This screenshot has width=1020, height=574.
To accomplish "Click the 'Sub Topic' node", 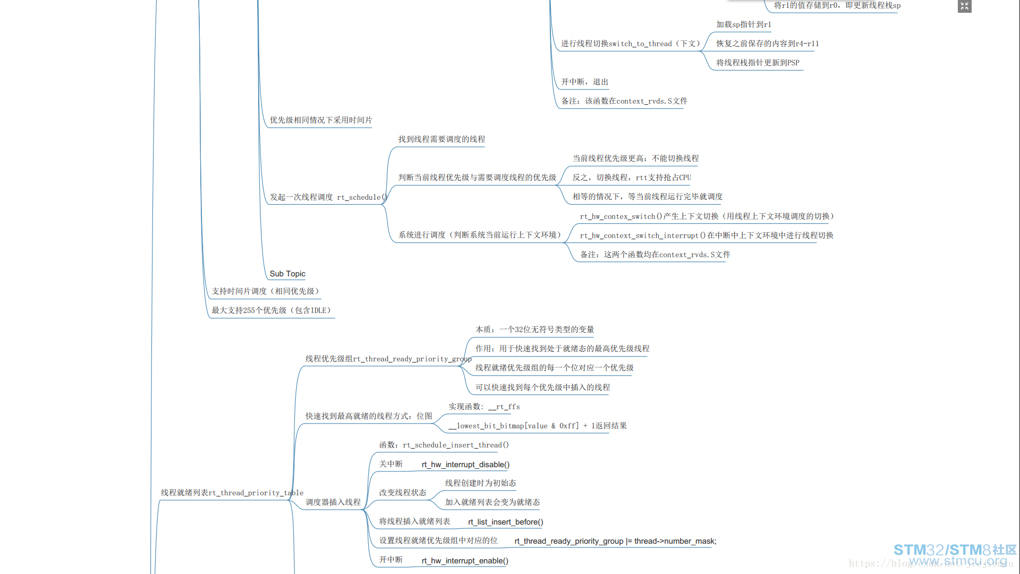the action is [287, 274].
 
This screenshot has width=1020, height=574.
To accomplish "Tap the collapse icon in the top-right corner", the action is [964, 6].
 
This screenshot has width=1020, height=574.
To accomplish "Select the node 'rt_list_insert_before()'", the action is [505, 522].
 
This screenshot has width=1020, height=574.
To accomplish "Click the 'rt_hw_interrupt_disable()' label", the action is [465, 465].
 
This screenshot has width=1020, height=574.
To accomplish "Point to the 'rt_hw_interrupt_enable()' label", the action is [465, 561].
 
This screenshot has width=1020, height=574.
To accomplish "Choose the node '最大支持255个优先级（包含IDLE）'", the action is [271, 310].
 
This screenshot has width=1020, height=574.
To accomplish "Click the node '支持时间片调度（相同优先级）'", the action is [265, 291].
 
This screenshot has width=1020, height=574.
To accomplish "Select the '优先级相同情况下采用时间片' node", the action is [321, 120].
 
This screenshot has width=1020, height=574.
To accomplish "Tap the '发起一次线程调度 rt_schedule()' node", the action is [328, 197].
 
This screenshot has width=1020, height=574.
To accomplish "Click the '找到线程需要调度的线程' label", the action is [441, 139].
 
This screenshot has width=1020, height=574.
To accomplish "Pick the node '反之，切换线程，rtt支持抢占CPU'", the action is [632, 178].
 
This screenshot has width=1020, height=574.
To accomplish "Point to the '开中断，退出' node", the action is [584, 82].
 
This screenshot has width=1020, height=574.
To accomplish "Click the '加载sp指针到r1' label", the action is [743, 24].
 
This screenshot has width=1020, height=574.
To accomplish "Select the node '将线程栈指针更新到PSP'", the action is [758, 63].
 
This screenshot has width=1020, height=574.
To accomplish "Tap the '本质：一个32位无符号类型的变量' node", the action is [534, 330].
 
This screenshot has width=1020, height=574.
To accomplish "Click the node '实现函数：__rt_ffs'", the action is [484, 407].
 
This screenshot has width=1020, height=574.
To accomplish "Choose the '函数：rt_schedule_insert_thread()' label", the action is [444, 445].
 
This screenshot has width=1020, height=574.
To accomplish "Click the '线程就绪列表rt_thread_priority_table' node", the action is [232, 493].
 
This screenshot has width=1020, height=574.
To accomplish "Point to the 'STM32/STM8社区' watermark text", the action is [955, 550].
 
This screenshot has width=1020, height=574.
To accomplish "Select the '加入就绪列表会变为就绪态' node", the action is [492, 502].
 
